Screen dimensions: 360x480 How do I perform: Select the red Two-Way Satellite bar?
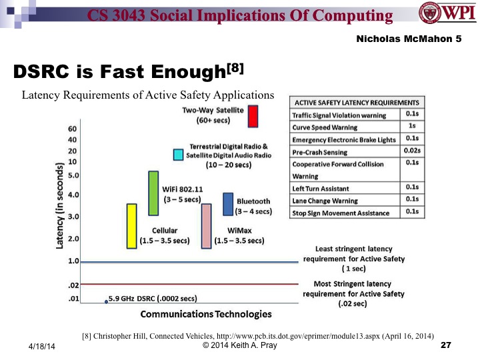[253, 115]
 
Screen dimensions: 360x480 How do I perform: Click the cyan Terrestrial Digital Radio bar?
[178, 155]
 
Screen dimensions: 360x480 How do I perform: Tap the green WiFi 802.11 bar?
[153, 193]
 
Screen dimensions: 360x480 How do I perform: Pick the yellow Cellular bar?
[131, 226]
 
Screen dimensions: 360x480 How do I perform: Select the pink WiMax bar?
[207, 226]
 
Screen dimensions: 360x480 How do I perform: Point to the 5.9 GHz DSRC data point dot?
[106, 302]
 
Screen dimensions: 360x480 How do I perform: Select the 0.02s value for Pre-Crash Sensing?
[411, 151]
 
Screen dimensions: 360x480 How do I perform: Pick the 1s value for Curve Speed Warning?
[411, 127]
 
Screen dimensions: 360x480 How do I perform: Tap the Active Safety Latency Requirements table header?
[356, 103]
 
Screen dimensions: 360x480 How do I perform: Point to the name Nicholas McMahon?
[414, 39]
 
